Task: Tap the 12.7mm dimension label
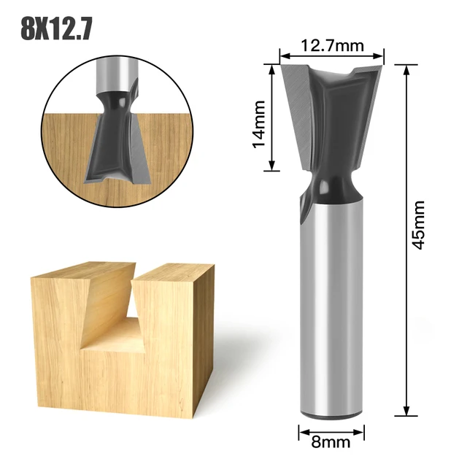pos(332,46)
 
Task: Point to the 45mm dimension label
pos(417,225)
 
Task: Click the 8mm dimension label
pos(332,441)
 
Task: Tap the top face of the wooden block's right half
pos(175,272)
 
